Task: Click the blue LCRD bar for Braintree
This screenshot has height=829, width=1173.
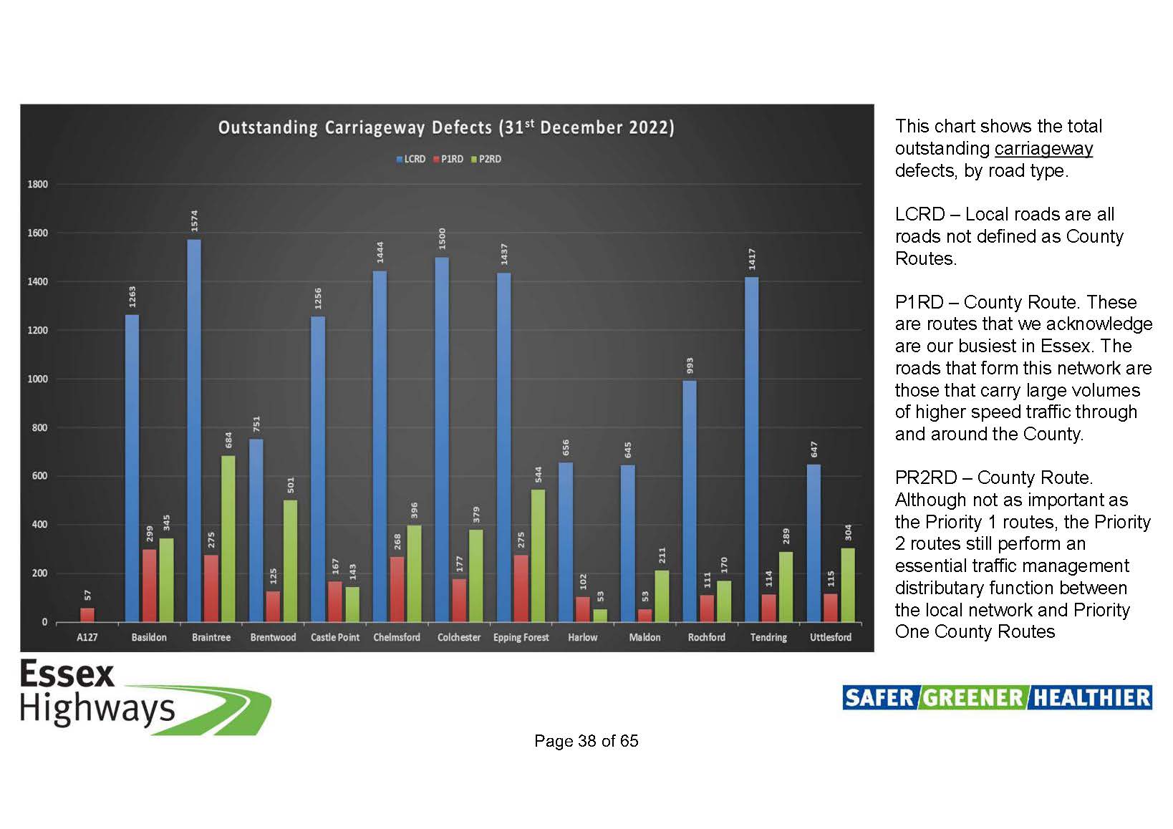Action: (194, 431)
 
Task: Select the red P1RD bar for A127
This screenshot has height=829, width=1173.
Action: (87, 615)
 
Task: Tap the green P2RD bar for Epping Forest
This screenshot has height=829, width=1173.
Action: (538, 556)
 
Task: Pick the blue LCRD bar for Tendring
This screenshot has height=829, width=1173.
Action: (751, 450)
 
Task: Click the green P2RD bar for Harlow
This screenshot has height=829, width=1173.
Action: (600, 616)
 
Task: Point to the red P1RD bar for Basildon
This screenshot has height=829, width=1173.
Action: (149, 586)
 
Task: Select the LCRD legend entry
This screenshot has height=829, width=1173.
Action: (411, 159)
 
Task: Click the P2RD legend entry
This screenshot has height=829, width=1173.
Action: (486, 159)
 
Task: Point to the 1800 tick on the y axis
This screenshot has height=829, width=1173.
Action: (38, 184)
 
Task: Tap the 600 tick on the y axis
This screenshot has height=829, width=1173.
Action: (40, 476)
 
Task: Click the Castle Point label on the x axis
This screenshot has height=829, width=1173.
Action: (335, 637)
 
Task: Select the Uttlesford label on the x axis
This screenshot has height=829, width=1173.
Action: (831, 637)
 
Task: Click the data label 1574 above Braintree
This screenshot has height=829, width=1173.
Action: (194, 221)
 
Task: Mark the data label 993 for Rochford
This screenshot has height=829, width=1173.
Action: (690, 365)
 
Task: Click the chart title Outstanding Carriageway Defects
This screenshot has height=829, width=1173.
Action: (447, 127)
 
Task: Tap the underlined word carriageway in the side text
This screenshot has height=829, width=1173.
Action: (1043, 149)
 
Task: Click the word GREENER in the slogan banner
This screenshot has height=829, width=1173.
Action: (973, 698)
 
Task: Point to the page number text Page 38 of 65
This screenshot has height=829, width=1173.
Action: (586, 740)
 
